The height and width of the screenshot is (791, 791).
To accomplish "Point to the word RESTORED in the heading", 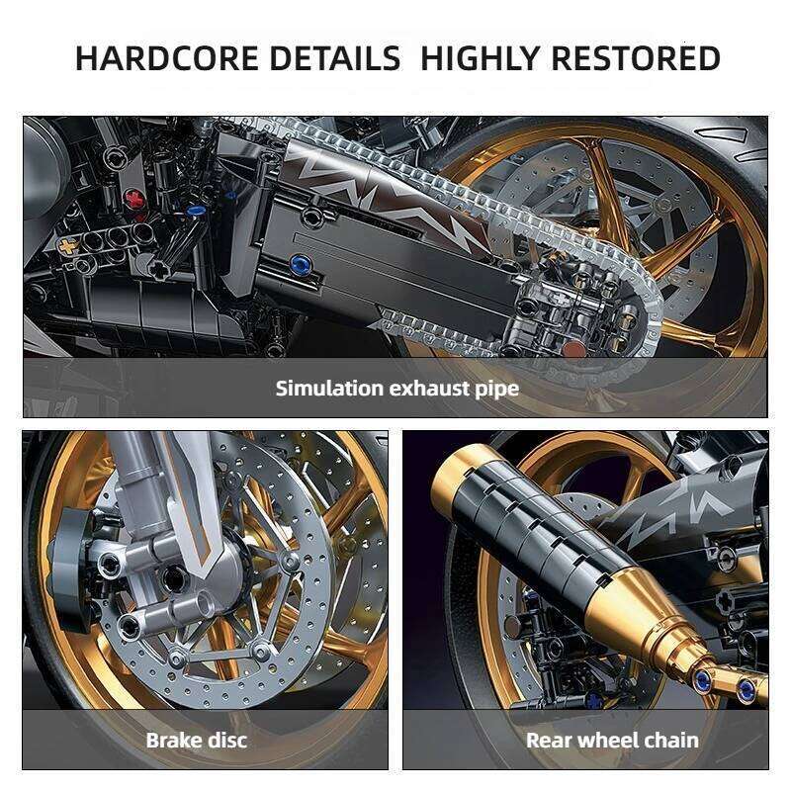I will [x=636, y=58].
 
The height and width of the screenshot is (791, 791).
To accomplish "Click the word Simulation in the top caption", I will [x=330, y=388].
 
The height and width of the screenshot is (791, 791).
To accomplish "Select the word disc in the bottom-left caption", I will [x=226, y=740].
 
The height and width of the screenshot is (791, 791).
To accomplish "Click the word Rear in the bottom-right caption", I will [x=550, y=740].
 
